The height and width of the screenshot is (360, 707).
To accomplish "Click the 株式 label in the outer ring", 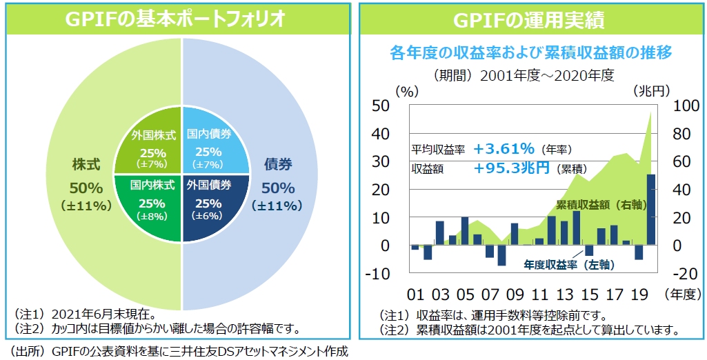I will [86, 166].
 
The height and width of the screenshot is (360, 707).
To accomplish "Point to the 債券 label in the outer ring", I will [277, 166].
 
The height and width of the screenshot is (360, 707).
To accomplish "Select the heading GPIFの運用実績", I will [529, 19].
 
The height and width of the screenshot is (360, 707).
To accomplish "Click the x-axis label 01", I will [415, 294].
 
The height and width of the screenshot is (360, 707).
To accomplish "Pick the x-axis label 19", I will [639, 294].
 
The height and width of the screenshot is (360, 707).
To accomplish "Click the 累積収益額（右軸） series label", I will [604, 205].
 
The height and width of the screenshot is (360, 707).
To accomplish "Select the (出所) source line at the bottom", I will [177, 351].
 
